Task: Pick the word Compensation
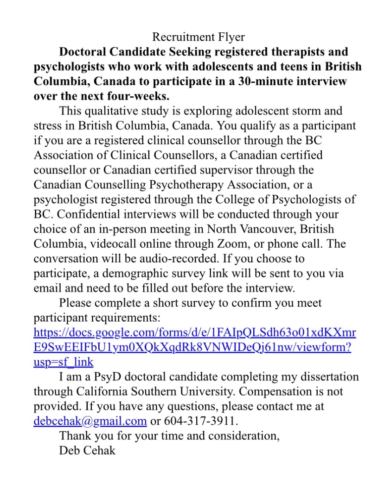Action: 275,392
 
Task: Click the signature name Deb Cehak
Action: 87,451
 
